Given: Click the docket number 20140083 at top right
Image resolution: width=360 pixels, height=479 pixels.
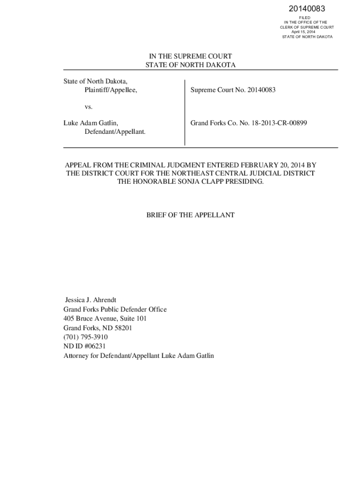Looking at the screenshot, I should tap(307, 9).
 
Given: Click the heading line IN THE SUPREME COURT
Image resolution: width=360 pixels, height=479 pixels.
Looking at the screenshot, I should tap(190, 56).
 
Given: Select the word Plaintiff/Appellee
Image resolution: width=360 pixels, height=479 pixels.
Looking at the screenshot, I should tap(111, 90).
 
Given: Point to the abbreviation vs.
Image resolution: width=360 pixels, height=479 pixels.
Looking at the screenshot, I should tap(89, 107).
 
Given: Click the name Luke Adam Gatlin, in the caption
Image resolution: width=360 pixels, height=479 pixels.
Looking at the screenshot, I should tap(91, 123).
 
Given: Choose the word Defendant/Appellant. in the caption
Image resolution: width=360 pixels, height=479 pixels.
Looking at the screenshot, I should tap(115, 132).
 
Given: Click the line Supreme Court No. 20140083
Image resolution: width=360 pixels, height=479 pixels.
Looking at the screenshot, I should tap(233, 90).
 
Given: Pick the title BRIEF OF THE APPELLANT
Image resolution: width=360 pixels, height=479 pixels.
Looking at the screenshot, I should tap(190, 215).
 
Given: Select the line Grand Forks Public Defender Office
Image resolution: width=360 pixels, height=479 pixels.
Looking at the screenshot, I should tap(115, 309).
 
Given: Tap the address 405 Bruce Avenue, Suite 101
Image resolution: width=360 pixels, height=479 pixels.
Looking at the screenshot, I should tap(105, 319).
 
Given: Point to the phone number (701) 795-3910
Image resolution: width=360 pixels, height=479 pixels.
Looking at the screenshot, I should tap(86, 337).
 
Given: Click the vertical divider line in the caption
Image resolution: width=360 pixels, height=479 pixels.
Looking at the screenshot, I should tap(185, 112).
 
